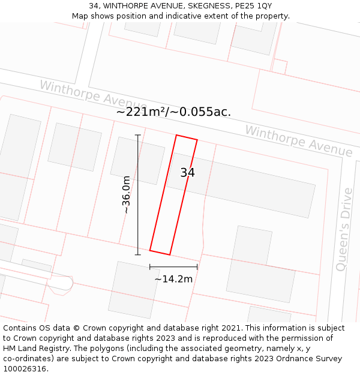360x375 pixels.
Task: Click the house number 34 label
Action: coord(187,173)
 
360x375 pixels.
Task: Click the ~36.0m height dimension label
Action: coord(126,194)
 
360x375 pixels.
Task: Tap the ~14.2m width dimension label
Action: coord(173,278)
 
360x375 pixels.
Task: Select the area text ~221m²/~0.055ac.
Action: coord(173,112)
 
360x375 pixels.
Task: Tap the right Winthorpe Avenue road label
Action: coord(298,141)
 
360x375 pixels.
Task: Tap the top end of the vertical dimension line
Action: coord(138,135)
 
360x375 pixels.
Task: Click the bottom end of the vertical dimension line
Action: coord(138,254)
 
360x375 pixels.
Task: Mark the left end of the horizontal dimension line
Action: coord(150,266)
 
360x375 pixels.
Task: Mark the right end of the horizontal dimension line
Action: coord(197,266)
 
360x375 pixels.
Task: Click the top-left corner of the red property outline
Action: coord(176,135)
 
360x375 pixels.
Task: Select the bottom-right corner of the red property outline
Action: coord(170,254)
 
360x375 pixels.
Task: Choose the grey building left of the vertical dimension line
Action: coord(75,147)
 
